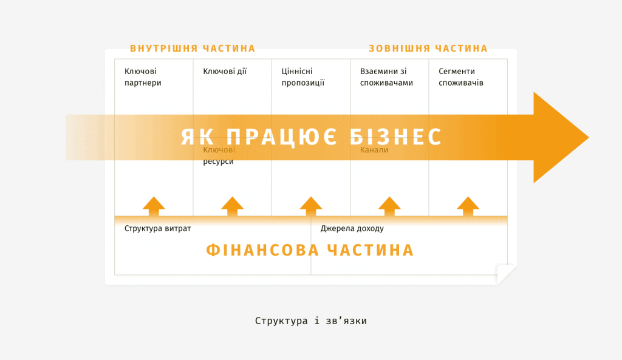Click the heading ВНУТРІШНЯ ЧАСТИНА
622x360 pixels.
(x=193, y=49)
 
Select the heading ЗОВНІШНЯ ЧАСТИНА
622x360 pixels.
(x=428, y=49)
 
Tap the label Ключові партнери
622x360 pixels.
(x=143, y=77)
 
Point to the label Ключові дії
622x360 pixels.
(x=225, y=72)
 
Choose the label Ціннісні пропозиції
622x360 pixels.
(x=303, y=77)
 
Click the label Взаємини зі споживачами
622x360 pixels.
(x=386, y=77)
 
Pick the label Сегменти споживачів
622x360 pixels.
(x=461, y=77)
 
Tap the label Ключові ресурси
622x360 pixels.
(x=219, y=155)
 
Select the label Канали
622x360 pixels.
(x=374, y=150)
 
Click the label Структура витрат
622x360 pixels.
(x=157, y=228)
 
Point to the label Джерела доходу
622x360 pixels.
(x=352, y=228)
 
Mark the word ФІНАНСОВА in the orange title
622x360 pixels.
(x=262, y=250)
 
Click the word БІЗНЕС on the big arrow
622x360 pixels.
(x=395, y=137)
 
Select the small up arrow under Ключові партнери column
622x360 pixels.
(x=154, y=206)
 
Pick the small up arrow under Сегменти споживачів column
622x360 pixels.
(x=468, y=206)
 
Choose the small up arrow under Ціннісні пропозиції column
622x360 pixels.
(x=311, y=206)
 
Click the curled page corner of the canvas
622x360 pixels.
(x=506, y=274)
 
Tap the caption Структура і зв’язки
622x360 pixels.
(x=311, y=321)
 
